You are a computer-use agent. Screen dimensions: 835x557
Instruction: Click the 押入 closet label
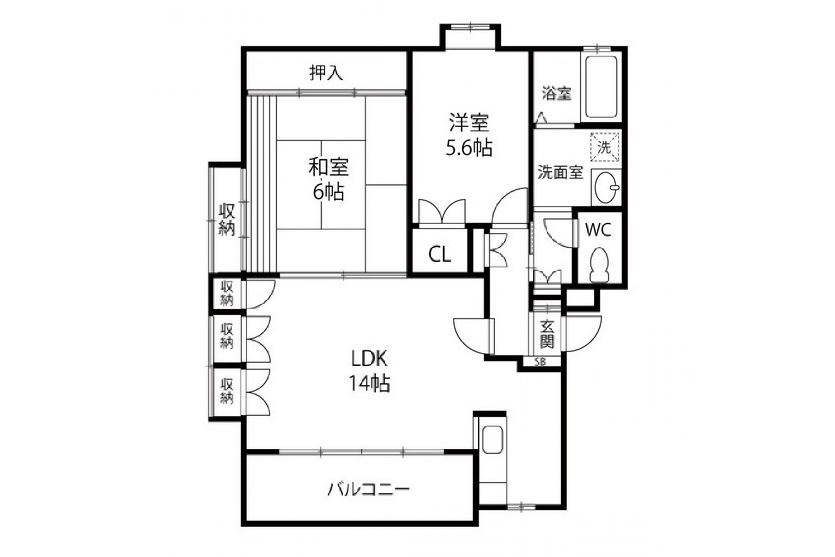(x=326, y=72)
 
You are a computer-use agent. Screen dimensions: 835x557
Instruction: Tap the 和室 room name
(x=328, y=167)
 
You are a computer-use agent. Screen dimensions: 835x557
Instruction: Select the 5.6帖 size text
(x=469, y=148)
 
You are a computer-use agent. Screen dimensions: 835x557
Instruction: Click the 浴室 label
(x=557, y=94)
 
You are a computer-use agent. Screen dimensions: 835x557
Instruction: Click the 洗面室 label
(x=561, y=173)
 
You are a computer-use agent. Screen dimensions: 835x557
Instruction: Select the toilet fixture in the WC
(x=599, y=264)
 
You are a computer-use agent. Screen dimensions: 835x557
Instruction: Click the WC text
(x=598, y=230)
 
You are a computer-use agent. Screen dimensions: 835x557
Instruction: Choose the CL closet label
(x=440, y=255)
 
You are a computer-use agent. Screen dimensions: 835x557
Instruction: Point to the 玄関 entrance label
(x=547, y=334)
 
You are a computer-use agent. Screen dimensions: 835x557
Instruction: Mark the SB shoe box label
(x=540, y=361)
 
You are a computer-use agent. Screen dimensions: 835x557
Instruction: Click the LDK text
(x=370, y=360)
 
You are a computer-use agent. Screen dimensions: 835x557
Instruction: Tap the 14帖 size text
(x=369, y=384)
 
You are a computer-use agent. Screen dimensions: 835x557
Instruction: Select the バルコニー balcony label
(x=369, y=489)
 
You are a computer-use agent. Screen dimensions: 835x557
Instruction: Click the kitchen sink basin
(x=492, y=440)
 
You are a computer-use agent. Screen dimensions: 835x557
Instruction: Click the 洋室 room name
(x=469, y=123)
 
